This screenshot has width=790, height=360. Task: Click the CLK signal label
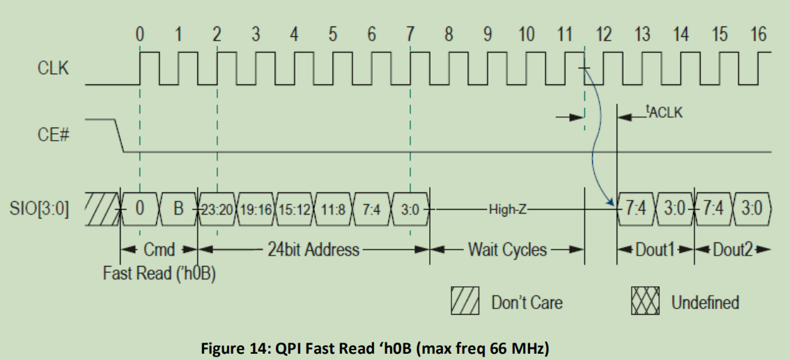tap(54, 69)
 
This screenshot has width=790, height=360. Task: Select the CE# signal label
tap(53, 134)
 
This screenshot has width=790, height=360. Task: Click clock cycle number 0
tap(140, 33)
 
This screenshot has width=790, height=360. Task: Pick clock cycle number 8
tap(449, 33)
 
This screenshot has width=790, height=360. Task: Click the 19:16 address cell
tap(257, 208)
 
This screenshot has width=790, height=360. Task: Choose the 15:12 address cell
tap(295, 208)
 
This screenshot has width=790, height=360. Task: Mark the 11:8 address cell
tap(334, 208)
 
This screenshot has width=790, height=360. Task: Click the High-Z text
tap(507, 208)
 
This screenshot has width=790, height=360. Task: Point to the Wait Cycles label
tap(506, 249)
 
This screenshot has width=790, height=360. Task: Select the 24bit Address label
tap(313, 249)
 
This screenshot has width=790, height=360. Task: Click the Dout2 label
tap(731, 249)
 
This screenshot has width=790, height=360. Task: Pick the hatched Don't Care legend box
tap(466, 302)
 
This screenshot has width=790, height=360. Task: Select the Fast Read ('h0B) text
tap(160, 273)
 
